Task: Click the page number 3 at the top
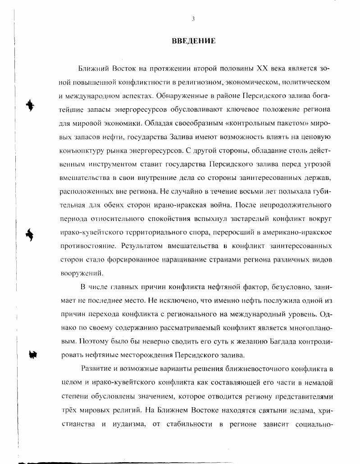(x=193, y=18)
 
